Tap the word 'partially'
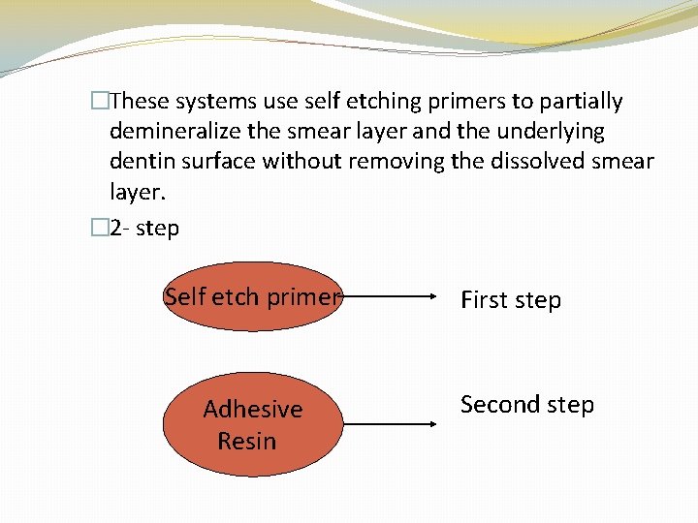point(576,101)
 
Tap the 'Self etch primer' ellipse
point(252,297)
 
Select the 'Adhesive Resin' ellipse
point(252,424)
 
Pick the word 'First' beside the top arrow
point(484,300)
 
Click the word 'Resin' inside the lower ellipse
point(246,441)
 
